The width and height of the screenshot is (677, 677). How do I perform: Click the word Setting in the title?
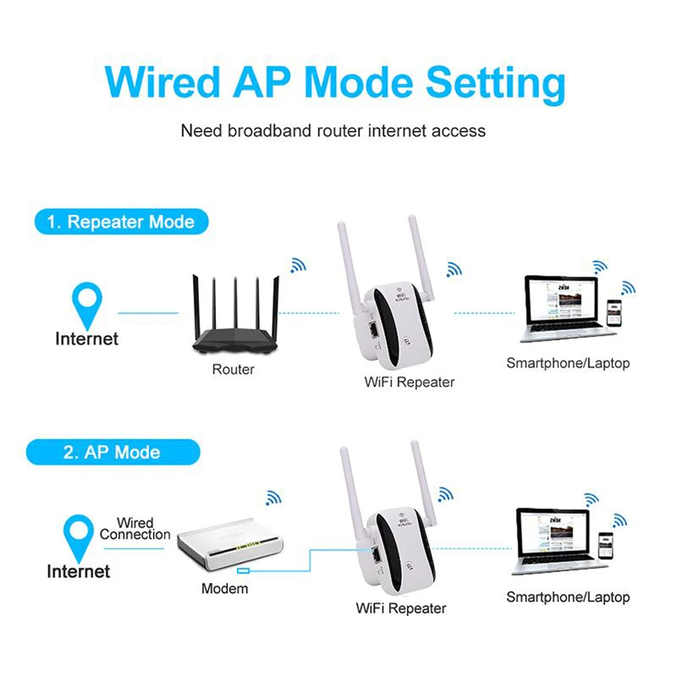[x=496, y=83]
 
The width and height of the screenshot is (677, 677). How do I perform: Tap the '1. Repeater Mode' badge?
[x=121, y=221]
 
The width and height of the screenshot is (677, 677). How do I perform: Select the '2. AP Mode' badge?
[x=112, y=452]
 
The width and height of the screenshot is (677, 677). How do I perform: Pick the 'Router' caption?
[x=233, y=370]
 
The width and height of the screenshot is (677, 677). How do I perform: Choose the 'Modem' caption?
[x=225, y=588]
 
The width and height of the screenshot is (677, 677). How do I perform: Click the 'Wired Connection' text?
[x=135, y=529]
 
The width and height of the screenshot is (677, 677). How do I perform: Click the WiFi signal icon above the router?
[x=297, y=265]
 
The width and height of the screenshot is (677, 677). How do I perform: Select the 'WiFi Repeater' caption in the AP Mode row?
[x=401, y=608]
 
